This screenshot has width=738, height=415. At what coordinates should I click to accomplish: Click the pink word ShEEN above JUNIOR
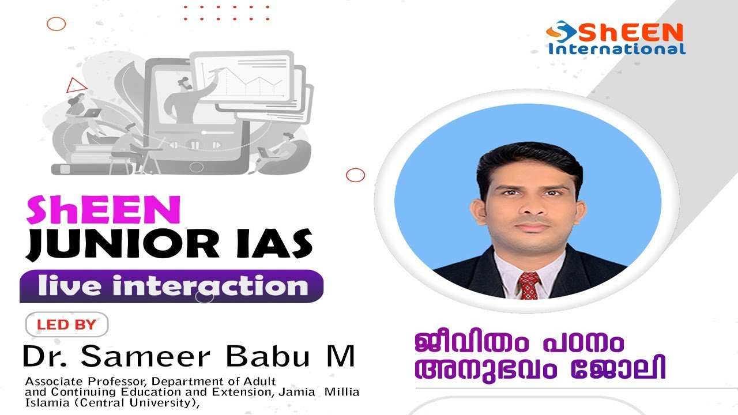coord(103,210)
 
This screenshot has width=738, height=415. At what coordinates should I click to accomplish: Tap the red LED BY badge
coord(66,325)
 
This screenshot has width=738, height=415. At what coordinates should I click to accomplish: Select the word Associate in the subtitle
coord(48,382)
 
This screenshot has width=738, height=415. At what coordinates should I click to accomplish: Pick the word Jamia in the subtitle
coord(300,392)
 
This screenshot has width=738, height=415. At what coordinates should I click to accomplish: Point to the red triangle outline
coord(76,86)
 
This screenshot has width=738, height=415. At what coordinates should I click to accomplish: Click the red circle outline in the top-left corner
coord(56,24)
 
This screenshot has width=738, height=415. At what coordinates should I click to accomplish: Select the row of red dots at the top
coord(226,13)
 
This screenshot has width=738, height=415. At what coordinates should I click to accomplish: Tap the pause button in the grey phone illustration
coord(195,145)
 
